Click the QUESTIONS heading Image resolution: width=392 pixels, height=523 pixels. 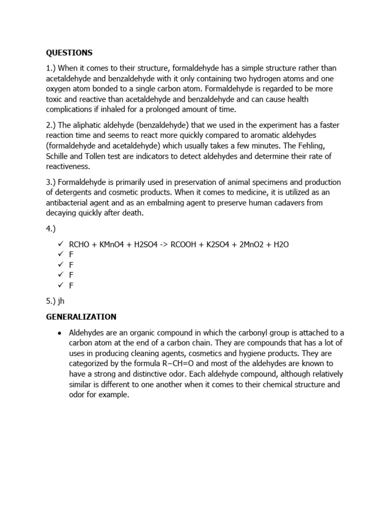coord(69,53)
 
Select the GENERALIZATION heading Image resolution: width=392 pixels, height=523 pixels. coord(81,317)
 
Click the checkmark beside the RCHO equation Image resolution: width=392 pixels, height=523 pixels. coord(61,245)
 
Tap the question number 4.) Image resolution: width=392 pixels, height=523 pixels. coord(52,229)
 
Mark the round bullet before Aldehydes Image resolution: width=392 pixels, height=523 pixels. coord(60,333)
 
